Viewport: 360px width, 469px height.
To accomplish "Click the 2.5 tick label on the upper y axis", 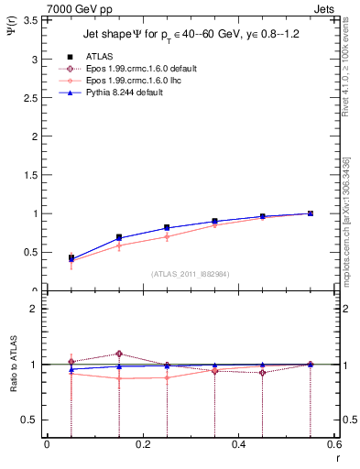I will pos(31,98).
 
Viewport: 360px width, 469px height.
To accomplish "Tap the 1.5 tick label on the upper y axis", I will pos(31,175).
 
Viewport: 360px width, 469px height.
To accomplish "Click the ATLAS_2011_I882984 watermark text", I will pos(190,274).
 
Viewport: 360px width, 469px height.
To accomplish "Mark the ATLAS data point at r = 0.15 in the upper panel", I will pos(119,237).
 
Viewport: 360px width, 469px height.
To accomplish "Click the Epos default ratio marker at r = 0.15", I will pos(119,354).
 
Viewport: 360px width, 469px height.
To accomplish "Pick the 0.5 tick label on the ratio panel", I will pos(31,420).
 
